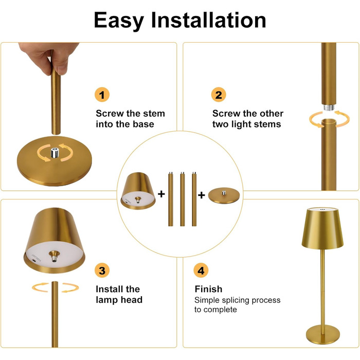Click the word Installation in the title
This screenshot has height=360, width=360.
coord(208,20)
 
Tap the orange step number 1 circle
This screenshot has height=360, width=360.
coord(102,95)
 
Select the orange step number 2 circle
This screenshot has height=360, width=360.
coord(219,95)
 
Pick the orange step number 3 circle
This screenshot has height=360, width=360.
coord(102,270)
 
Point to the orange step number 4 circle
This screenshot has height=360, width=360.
coord(201,270)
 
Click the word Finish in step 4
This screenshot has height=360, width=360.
coord(208,289)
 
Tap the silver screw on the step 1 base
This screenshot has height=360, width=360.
coord(55,153)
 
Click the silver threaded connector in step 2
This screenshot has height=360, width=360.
coord(329,107)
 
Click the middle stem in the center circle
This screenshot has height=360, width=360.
coord(183,199)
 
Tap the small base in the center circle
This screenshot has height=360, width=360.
coord(224,195)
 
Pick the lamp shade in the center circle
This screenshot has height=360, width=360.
coord(138,191)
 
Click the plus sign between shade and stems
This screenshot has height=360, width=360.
coord(161,194)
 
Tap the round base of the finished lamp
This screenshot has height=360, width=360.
coord(323,334)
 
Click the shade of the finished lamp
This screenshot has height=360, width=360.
coord(322,228)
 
